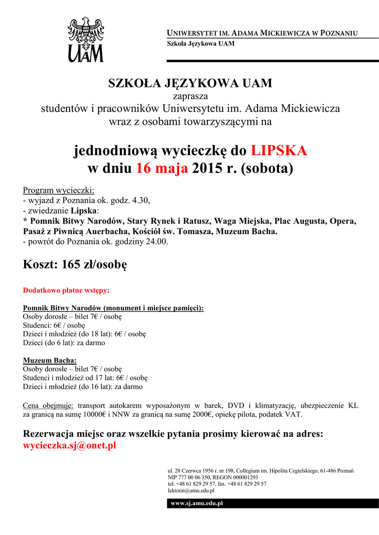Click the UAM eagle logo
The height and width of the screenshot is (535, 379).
click(85, 39)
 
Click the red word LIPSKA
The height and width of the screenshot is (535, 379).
click(278, 150)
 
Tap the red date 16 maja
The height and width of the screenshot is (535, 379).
click(162, 169)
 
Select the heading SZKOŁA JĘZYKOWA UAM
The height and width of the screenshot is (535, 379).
click(190, 84)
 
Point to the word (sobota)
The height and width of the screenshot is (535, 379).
click(267, 169)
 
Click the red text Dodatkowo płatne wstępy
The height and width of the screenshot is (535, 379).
click(66, 290)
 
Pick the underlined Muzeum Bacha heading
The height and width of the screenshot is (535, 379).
click(50, 360)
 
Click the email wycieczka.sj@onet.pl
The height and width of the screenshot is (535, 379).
click(70, 446)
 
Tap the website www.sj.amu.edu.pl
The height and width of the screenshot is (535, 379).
click(197, 503)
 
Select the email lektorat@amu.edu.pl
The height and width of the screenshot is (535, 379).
click(191, 491)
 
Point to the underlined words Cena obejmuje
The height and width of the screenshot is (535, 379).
click(48, 405)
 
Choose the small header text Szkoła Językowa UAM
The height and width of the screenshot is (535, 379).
click(200, 44)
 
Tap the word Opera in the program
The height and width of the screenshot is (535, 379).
click(343, 221)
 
